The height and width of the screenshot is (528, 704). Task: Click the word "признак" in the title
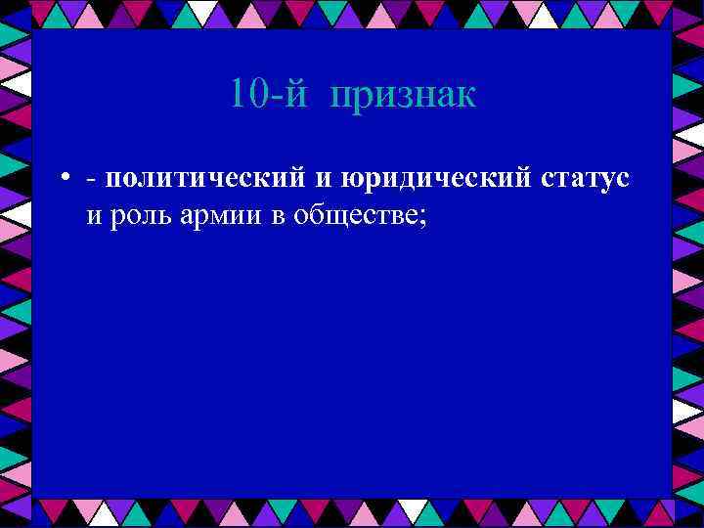(x=403, y=97)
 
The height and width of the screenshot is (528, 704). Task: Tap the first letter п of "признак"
(x=341, y=100)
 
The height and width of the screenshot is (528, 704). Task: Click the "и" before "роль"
(x=95, y=217)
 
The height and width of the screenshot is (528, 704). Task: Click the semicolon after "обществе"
(x=422, y=219)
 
